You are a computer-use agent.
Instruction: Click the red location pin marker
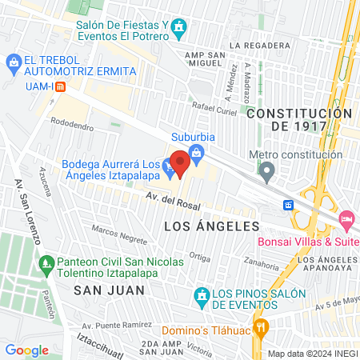[180, 163]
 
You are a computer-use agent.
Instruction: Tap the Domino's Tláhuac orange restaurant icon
[261, 328]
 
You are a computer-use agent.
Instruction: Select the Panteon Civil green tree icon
[46, 263]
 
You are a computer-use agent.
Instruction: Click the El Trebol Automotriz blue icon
[14, 61]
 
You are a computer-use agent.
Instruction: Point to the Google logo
[26, 350]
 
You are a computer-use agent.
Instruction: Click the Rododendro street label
[72, 126]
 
